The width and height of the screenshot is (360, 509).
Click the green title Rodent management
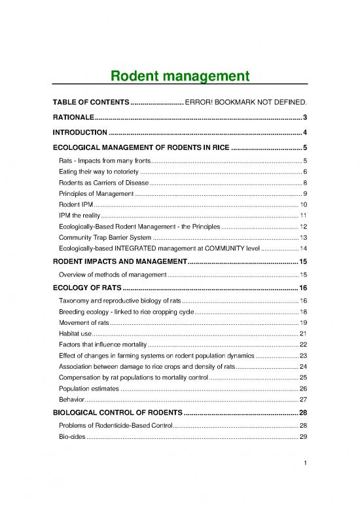pos(179,77)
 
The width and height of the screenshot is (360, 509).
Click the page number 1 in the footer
pos(305,483)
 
